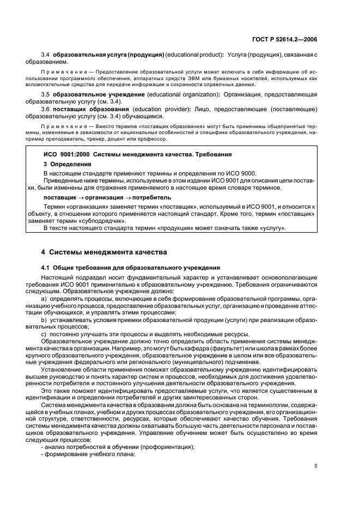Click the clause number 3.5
[x=46, y=95]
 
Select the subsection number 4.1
[x=46, y=268]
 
